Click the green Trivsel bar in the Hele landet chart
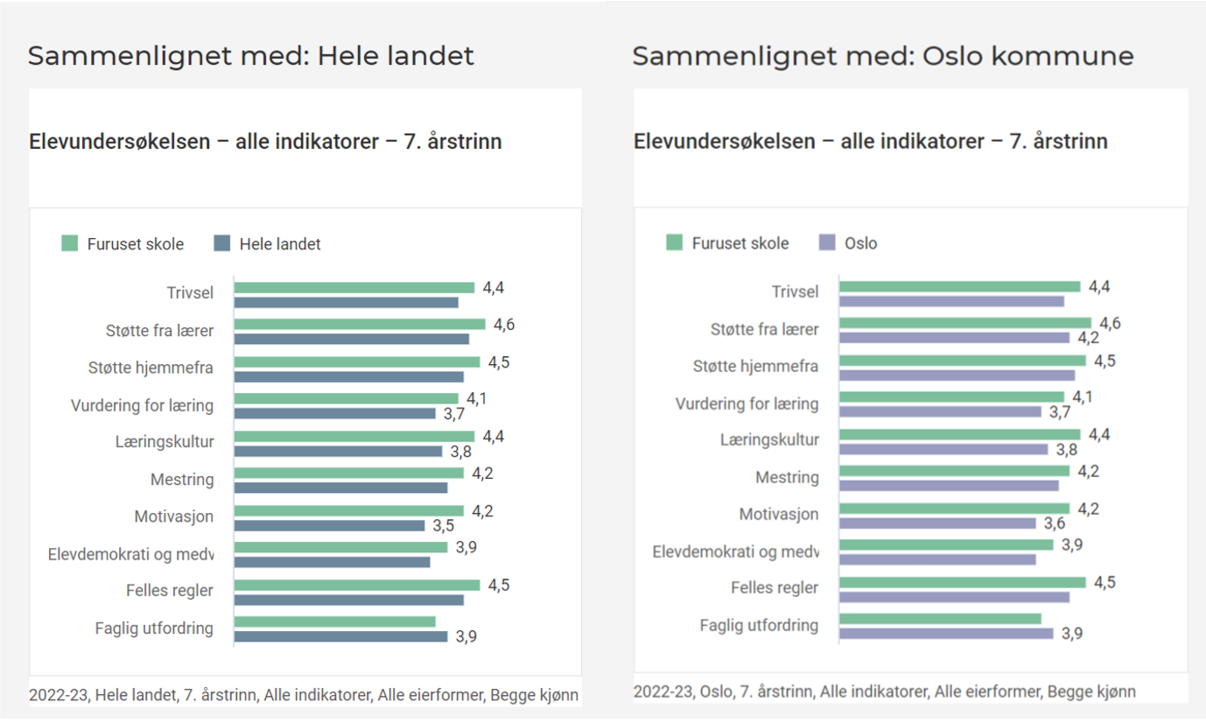pos(354,287)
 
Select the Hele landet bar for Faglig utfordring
pos(340,636)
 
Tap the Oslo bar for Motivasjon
pos(937,523)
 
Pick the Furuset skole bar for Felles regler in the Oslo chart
pos(962,582)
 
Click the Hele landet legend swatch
pos(222,244)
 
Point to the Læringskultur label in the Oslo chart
pos(770,439)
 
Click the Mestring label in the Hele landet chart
pos(182,480)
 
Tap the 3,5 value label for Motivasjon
pos(443,526)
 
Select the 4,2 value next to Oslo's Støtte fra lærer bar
pos(1088,338)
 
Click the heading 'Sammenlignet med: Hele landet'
pos(251,56)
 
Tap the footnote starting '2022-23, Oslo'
pos(885,691)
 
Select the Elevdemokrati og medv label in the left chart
pos(131,554)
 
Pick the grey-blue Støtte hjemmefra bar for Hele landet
pos(348,376)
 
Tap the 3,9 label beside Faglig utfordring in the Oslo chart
pos(1071,634)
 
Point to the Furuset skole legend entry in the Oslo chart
pos(728,243)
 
